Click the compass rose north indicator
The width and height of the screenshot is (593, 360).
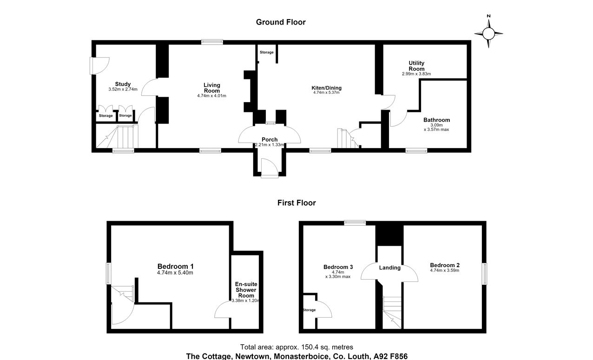(x=488, y=16)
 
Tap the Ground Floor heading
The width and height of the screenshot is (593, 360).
(x=281, y=22)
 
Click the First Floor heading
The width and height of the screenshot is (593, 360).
(x=296, y=203)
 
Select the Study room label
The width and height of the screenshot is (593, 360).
(x=123, y=84)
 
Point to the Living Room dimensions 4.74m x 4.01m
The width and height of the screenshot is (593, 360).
(x=212, y=96)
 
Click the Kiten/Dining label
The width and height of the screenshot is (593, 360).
(x=326, y=88)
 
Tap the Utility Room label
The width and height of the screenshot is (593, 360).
(x=416, y=66)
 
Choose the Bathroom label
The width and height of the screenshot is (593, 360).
(x=436, y=120)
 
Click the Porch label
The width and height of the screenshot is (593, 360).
(x=270, y=139)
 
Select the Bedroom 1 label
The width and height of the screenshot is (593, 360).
(x=176, y=266)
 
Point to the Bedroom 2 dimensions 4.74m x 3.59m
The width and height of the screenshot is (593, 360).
(x=444, y=270)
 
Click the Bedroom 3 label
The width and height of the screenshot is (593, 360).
(x=338, y=267)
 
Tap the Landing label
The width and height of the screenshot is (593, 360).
(x=390, y=268)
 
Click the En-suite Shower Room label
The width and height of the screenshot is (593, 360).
(x=246, y=290)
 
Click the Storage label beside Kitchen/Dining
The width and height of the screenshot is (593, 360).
(x=267, y=52)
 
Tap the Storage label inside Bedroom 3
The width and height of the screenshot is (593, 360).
(x=309, y=310)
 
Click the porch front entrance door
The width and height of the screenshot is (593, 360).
(x=269, y=169)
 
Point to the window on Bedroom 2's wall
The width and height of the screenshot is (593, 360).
(x=484, y=274)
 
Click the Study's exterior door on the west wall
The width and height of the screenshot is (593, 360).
(x=99, y=66)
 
